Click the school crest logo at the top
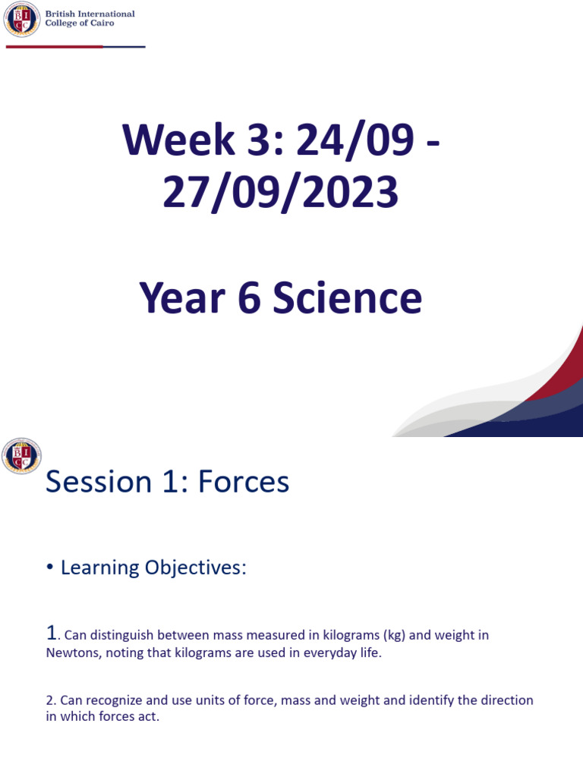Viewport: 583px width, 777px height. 22,20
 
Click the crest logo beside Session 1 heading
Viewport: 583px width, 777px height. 22,456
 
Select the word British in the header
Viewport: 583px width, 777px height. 63,14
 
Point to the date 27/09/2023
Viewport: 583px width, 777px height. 280,193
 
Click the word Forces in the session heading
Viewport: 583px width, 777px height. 244,482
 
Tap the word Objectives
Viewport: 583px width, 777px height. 200,568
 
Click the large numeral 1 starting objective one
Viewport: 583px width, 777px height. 51,634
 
